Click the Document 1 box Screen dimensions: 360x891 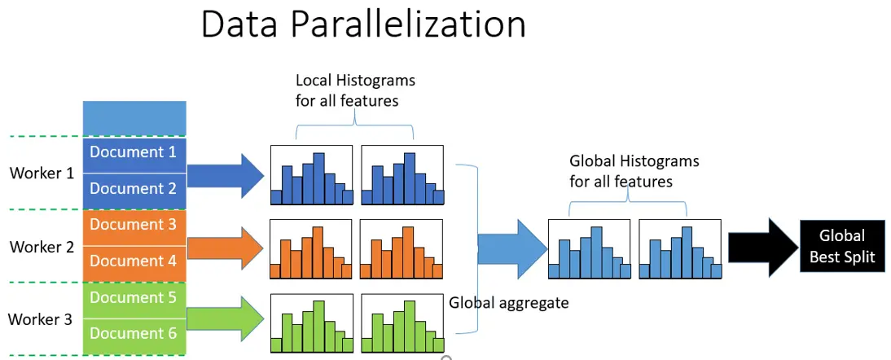click(134, 153)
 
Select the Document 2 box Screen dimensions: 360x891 click(134, 189)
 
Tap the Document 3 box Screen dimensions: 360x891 click(134, 226)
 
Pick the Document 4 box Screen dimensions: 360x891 click(134, 261)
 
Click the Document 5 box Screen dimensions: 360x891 click(134, 298)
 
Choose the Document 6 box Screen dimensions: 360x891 click(134, 334)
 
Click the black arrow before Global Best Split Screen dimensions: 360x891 click(762, 247)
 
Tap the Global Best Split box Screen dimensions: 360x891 click(842, 246)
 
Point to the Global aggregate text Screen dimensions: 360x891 click(509, 303)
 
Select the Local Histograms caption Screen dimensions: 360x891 click(355, 90)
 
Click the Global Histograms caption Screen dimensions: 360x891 click(634, 171)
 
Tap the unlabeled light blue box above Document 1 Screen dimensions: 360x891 click(134, 118)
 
